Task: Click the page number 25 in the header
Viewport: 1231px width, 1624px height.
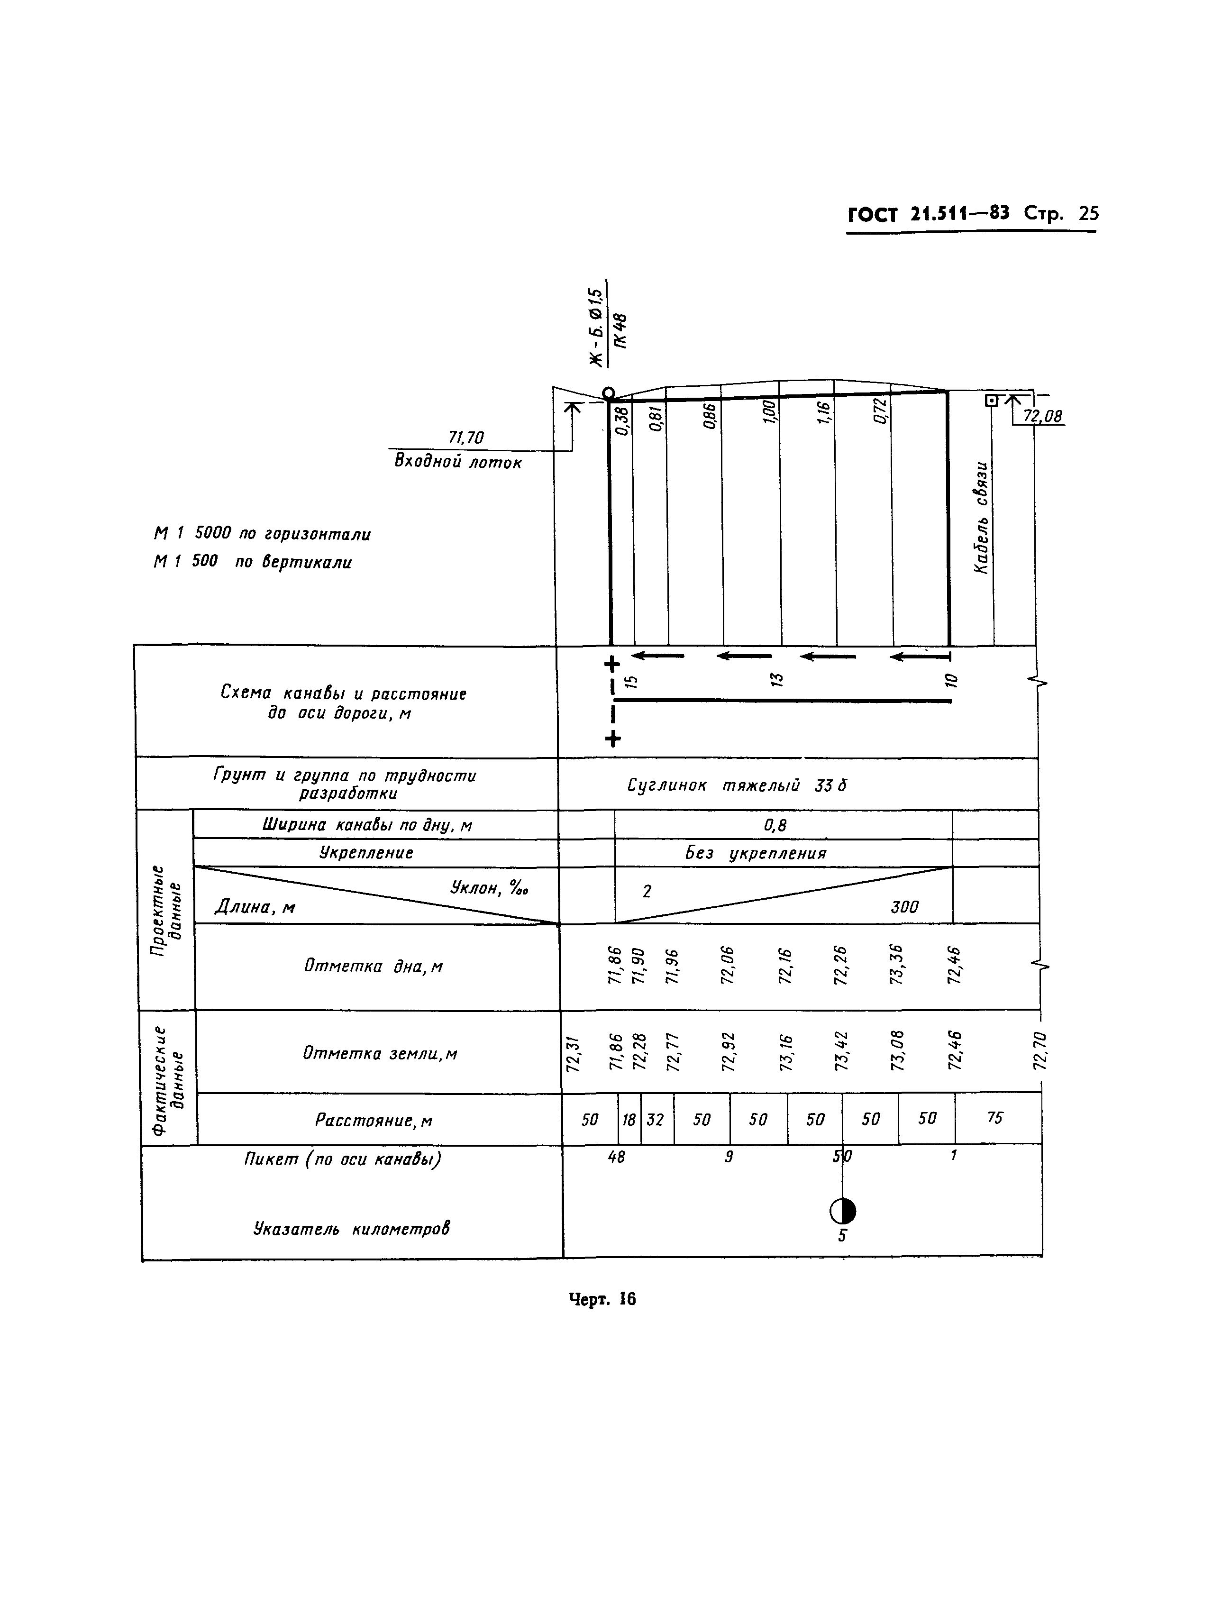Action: tap(1088, 214)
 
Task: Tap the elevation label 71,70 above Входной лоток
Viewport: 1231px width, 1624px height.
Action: tap(466, 438)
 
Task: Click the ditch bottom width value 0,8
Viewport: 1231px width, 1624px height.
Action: tap(775, 825)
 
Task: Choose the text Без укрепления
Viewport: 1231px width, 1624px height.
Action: tap(756, 853)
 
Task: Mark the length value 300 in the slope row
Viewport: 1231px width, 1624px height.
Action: tap(904, 907)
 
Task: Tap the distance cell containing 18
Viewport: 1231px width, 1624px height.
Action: tap(629, 1120)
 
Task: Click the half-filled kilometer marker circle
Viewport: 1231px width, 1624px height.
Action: tap(843, 1212)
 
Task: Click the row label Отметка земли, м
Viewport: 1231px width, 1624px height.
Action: tap(380, 1054)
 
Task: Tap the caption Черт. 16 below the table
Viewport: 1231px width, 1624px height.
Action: tap(602, 1299)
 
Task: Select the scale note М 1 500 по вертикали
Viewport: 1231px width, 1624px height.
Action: tap(253, 562)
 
